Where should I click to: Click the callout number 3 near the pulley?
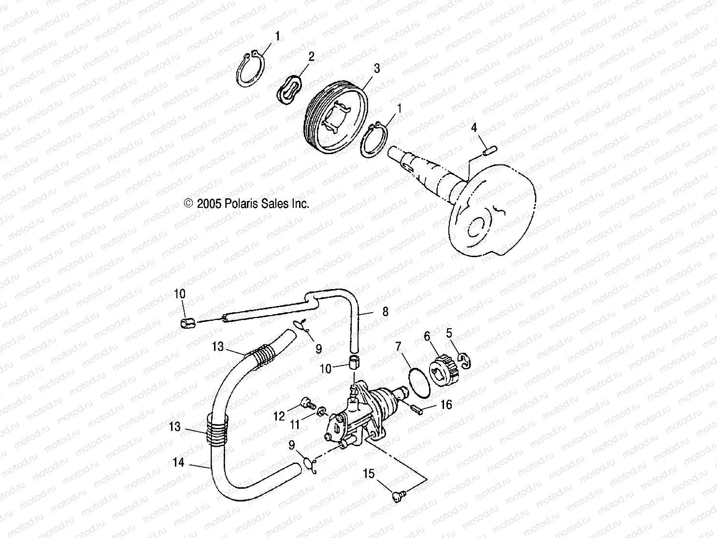point(376,69)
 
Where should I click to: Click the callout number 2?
point(311,57)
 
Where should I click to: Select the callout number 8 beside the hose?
point(385,312)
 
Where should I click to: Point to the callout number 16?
point(446,404)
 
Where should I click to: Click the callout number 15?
point(369,474)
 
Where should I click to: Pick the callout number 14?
point(178,463)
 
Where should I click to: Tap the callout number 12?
point(279,416)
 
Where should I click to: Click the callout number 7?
point(398,347)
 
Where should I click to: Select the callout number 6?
point(427,335)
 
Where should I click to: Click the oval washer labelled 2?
point(291,88)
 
